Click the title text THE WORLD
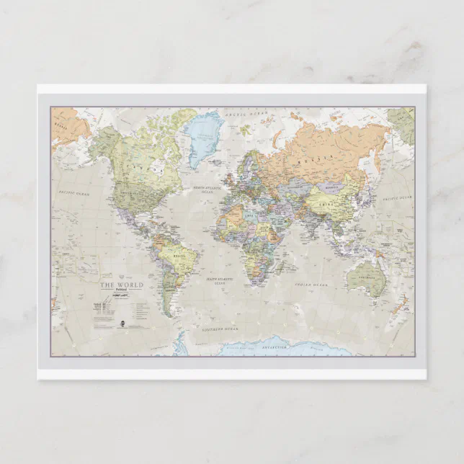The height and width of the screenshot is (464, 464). point(121,285)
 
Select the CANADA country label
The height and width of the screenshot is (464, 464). point(134,166)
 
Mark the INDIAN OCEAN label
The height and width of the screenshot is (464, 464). point(311,285)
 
